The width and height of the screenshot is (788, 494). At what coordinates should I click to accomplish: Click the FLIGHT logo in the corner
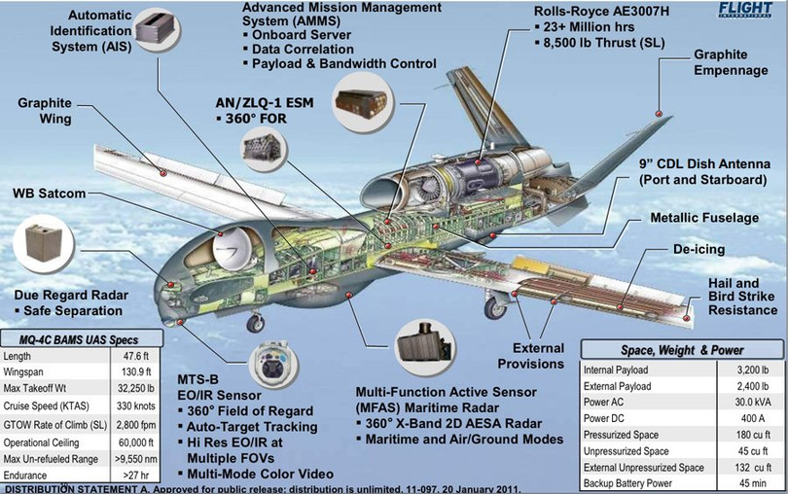(749, 10)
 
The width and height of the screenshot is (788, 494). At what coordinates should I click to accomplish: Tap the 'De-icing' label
(698, 250)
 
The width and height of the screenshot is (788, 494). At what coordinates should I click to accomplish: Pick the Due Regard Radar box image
(45, 241)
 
